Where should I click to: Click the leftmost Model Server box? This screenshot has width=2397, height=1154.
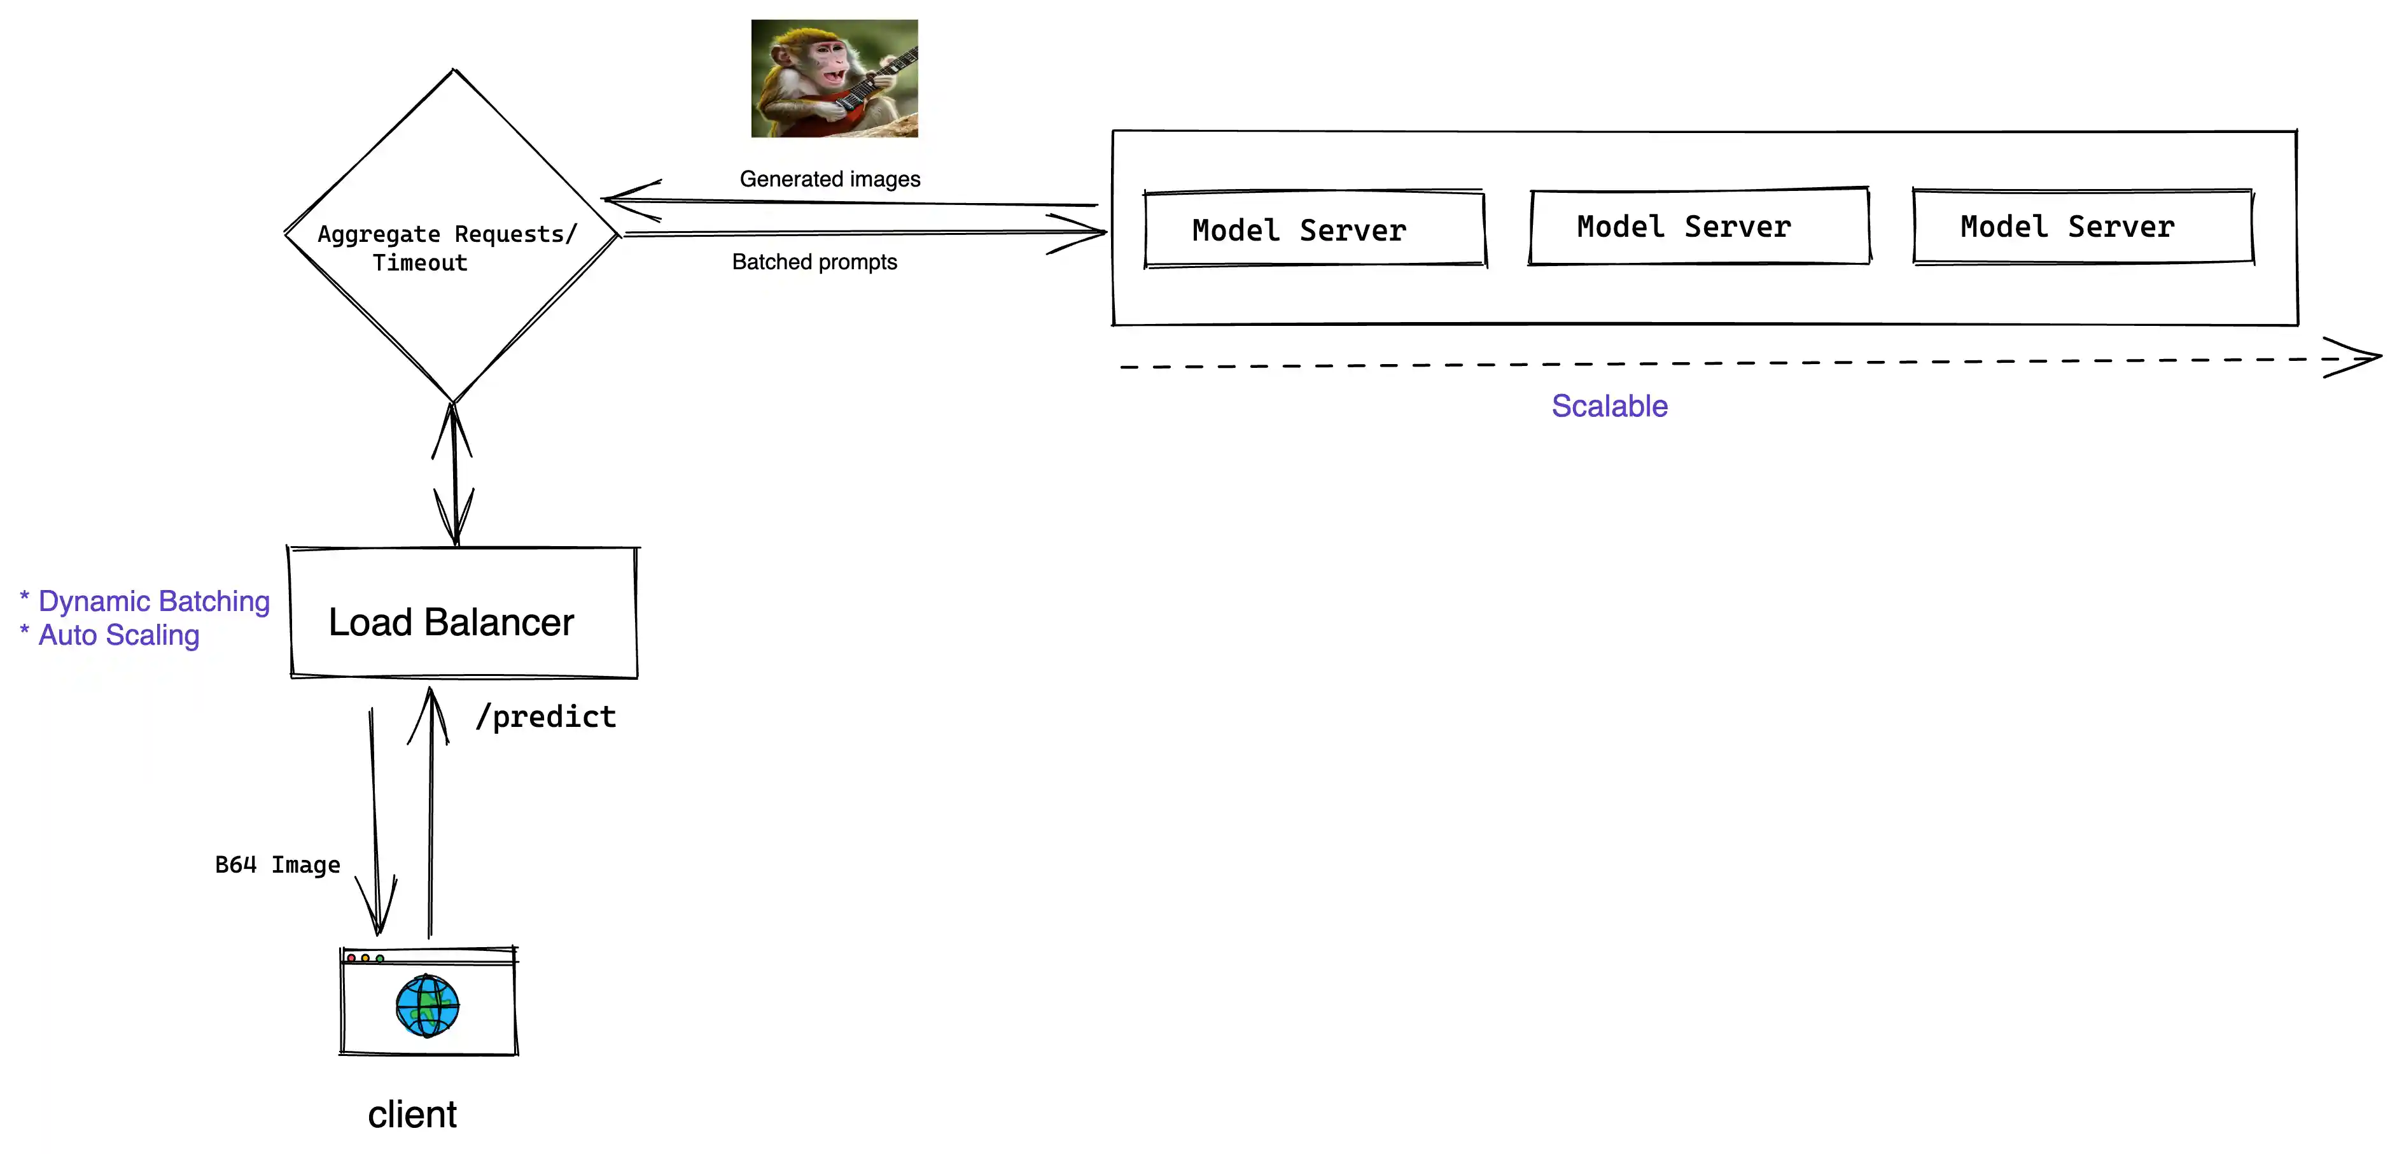click(x=1314, y=229)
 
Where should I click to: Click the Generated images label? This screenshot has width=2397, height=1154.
click(x=829, y=179)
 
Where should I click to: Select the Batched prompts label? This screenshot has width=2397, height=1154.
click(x=814, y=262)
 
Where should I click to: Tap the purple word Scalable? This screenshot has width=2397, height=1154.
click(x=1609, y=405)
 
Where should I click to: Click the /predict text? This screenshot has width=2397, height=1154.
click(x=545, y=717)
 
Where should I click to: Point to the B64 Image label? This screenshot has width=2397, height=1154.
click(x=277, y=864)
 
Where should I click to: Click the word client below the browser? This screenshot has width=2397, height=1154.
click(x=412, y=1114)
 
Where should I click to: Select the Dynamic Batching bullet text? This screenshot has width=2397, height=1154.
click(x=153, y=602)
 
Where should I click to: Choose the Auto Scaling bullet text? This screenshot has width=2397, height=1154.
click(x=118, y=635)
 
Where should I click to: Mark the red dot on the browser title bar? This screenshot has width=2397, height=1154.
click(x=351, y=957)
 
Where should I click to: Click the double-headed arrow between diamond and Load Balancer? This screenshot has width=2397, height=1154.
click(x=454, y=475)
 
